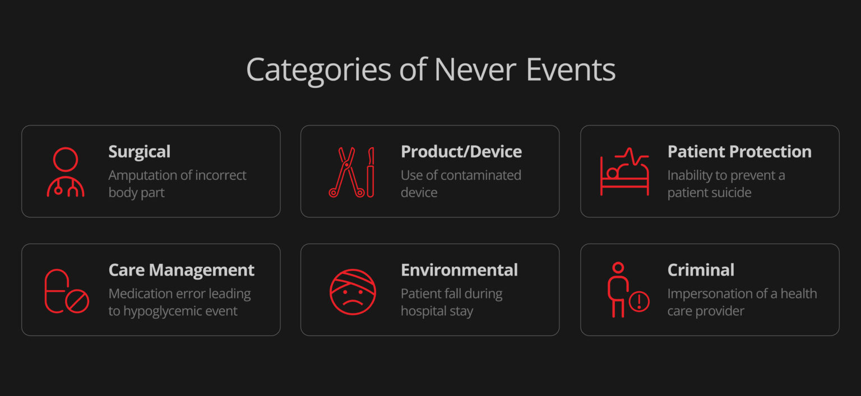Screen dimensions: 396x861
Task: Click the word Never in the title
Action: coord(475,70)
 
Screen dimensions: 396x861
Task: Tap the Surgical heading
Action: coord(139,152)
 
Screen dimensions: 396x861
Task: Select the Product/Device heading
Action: coord(461,152)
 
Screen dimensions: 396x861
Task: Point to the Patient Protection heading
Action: coord(739,152)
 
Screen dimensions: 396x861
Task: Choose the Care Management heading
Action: coord(181,270)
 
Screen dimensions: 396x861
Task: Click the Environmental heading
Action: coord(459,270)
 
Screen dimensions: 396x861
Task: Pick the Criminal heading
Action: coord(700,270)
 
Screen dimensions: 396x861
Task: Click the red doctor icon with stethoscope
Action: coord(65,171)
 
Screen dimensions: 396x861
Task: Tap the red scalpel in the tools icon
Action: coord(371,172)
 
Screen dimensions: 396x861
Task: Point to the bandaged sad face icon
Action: coord(352,292)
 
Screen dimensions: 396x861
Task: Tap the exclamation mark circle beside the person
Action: coord(638,302)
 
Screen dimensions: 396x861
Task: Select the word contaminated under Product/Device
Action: coord(476,175)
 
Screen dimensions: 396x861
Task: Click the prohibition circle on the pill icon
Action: coord(77,302)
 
